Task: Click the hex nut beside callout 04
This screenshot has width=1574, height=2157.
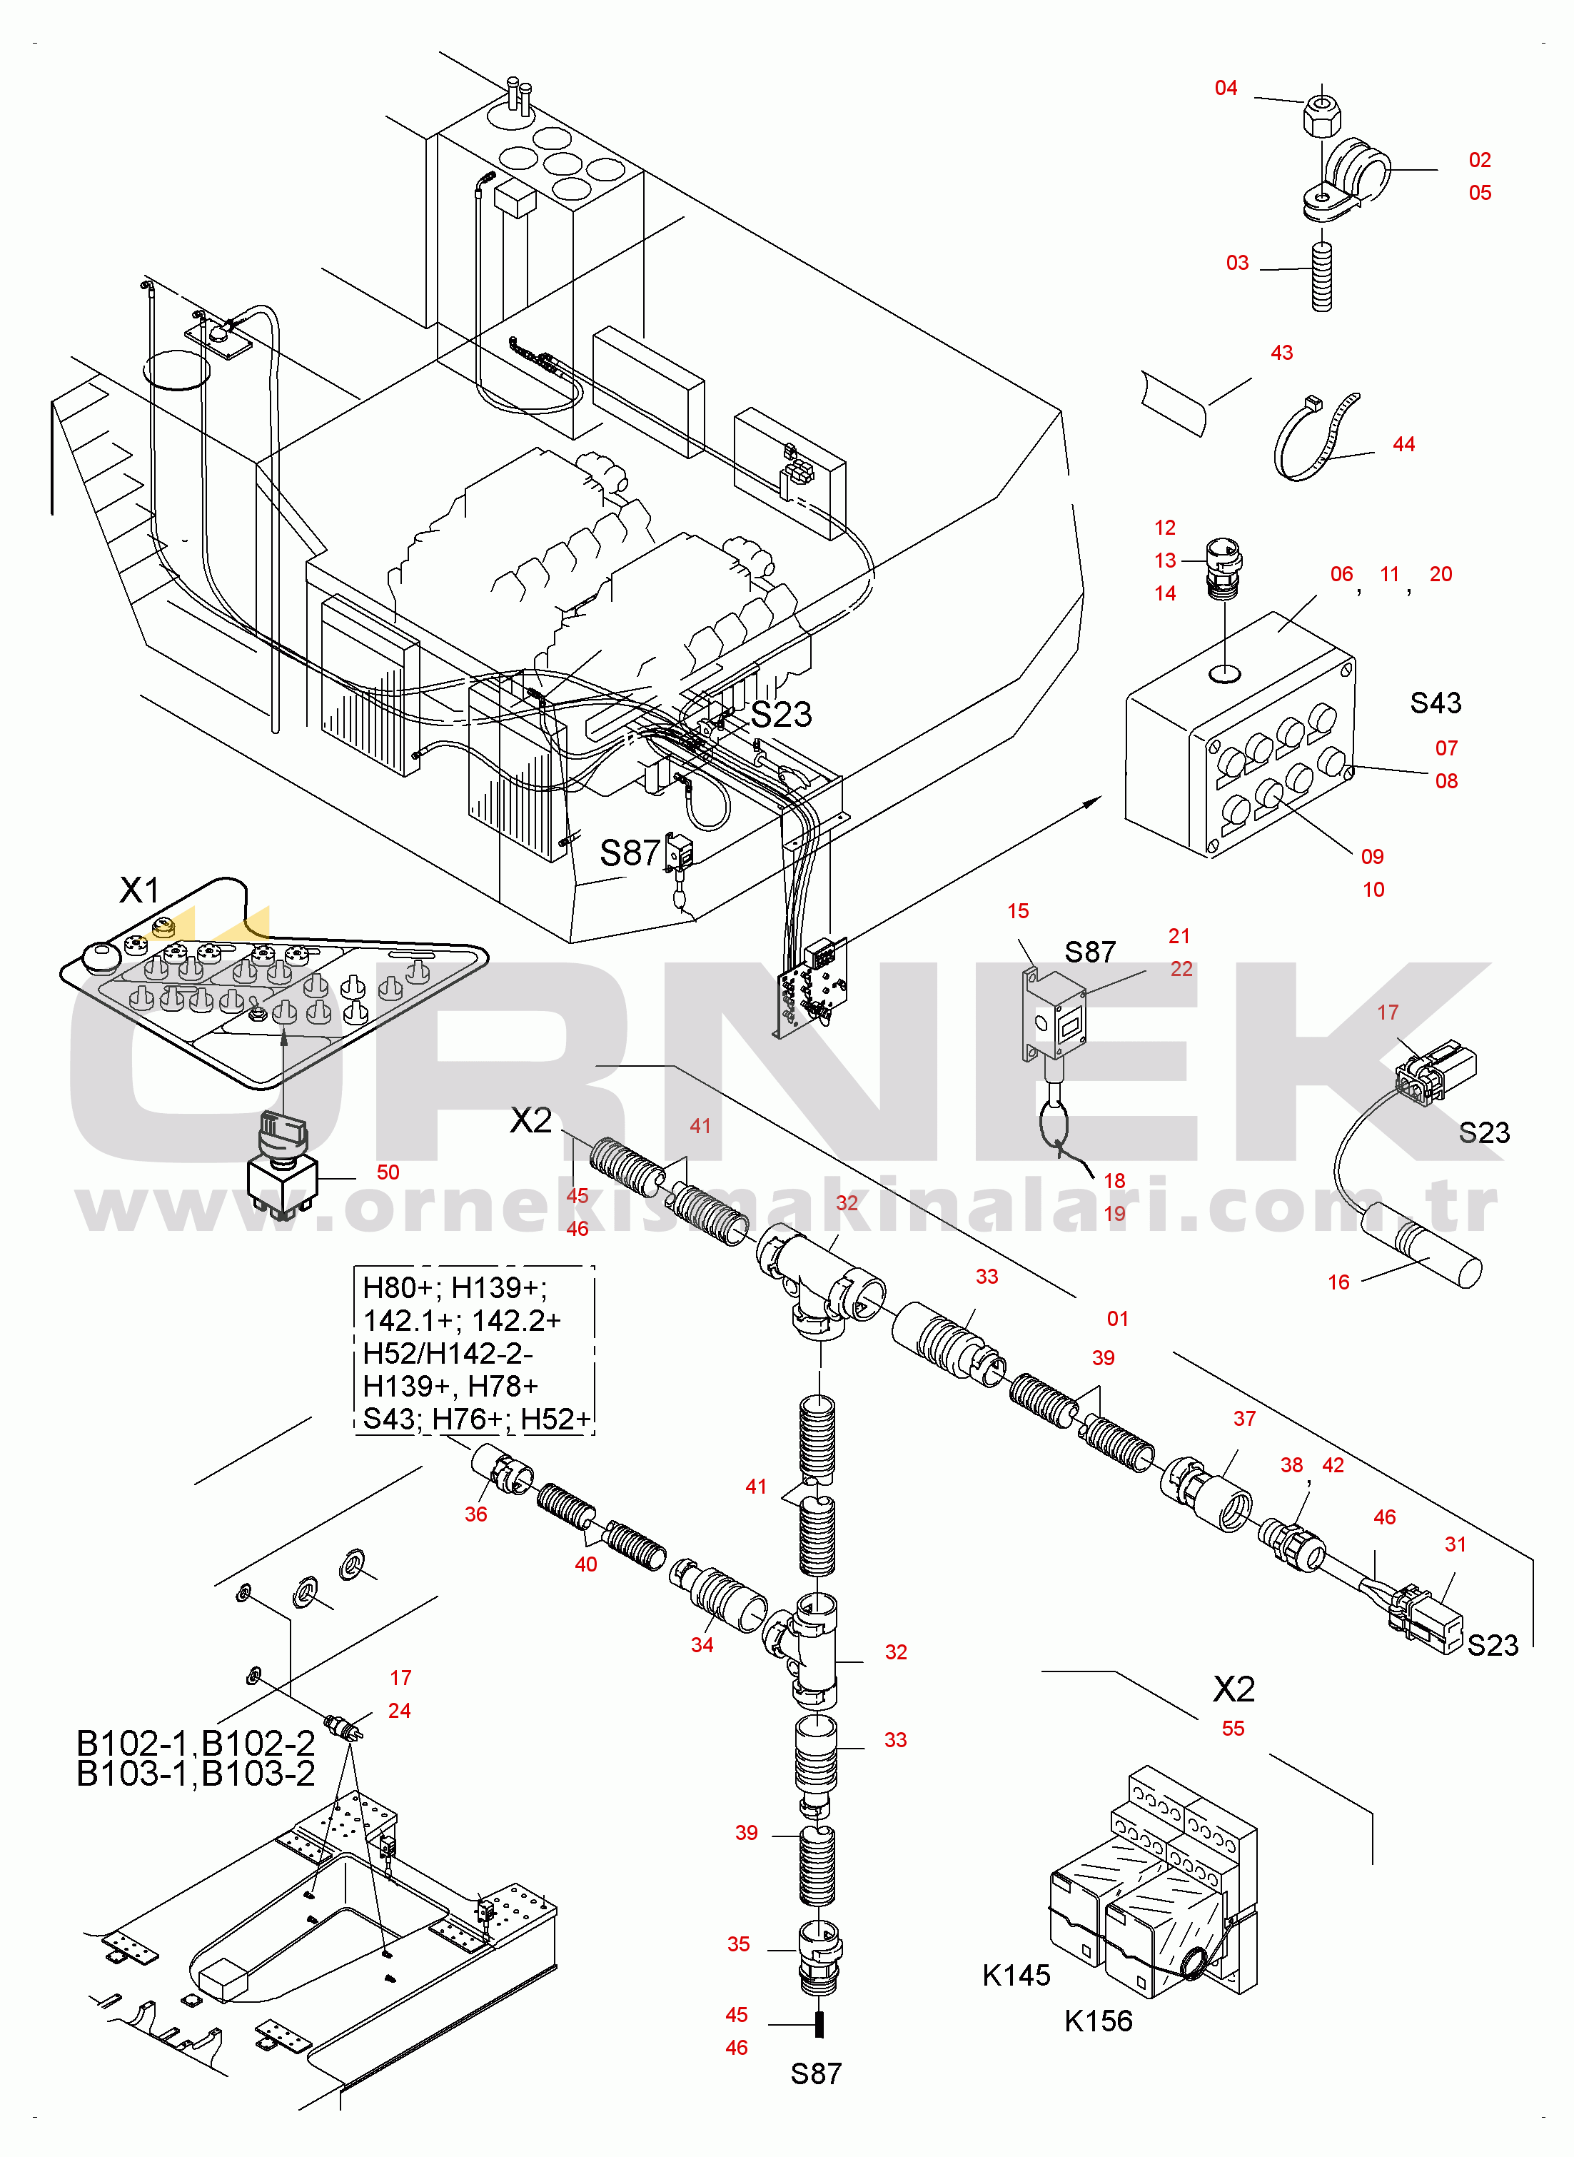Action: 1323,114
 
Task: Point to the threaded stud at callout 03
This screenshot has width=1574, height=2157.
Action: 1321,276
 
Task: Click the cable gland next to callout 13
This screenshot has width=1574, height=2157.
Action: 1224,568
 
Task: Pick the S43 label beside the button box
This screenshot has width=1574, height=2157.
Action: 1435,703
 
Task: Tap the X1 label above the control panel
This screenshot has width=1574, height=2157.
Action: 139,890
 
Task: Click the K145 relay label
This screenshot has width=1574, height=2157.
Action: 1016,1975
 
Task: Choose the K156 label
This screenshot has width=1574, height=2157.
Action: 1099,2021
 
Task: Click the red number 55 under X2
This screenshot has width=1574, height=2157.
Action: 1233,1729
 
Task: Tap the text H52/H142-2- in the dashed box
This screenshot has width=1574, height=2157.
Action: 448,1353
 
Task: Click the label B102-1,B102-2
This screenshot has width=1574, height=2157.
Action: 196,1743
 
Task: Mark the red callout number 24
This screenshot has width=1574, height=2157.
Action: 399,1710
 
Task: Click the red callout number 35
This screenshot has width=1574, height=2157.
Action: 738,1944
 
